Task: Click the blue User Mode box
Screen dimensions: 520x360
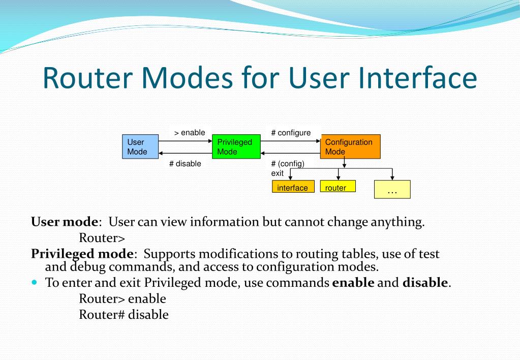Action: (140, 147)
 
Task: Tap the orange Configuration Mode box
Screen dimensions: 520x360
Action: (350, 147)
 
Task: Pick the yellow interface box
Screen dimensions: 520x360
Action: (292, 188)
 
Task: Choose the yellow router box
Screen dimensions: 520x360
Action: (338, 187)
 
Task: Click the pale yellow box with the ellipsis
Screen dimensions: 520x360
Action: (392, 189)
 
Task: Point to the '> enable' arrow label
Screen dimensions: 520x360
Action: (190, 133)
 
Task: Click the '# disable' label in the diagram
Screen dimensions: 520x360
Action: (185, 164)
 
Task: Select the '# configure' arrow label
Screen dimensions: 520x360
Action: (291, 133)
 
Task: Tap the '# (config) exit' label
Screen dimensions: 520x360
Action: (287, 168)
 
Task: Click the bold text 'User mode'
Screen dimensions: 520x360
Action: (65, 222)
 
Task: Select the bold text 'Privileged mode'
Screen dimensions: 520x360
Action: (83, 253)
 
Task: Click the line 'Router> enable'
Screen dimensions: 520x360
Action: (123, 298)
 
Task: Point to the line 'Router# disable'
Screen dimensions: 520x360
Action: (124, 314)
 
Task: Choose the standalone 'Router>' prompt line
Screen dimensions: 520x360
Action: (102, 237)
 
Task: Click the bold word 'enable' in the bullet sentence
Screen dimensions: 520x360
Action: (353, 283)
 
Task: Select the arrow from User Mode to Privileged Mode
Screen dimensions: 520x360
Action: (185, 141)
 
